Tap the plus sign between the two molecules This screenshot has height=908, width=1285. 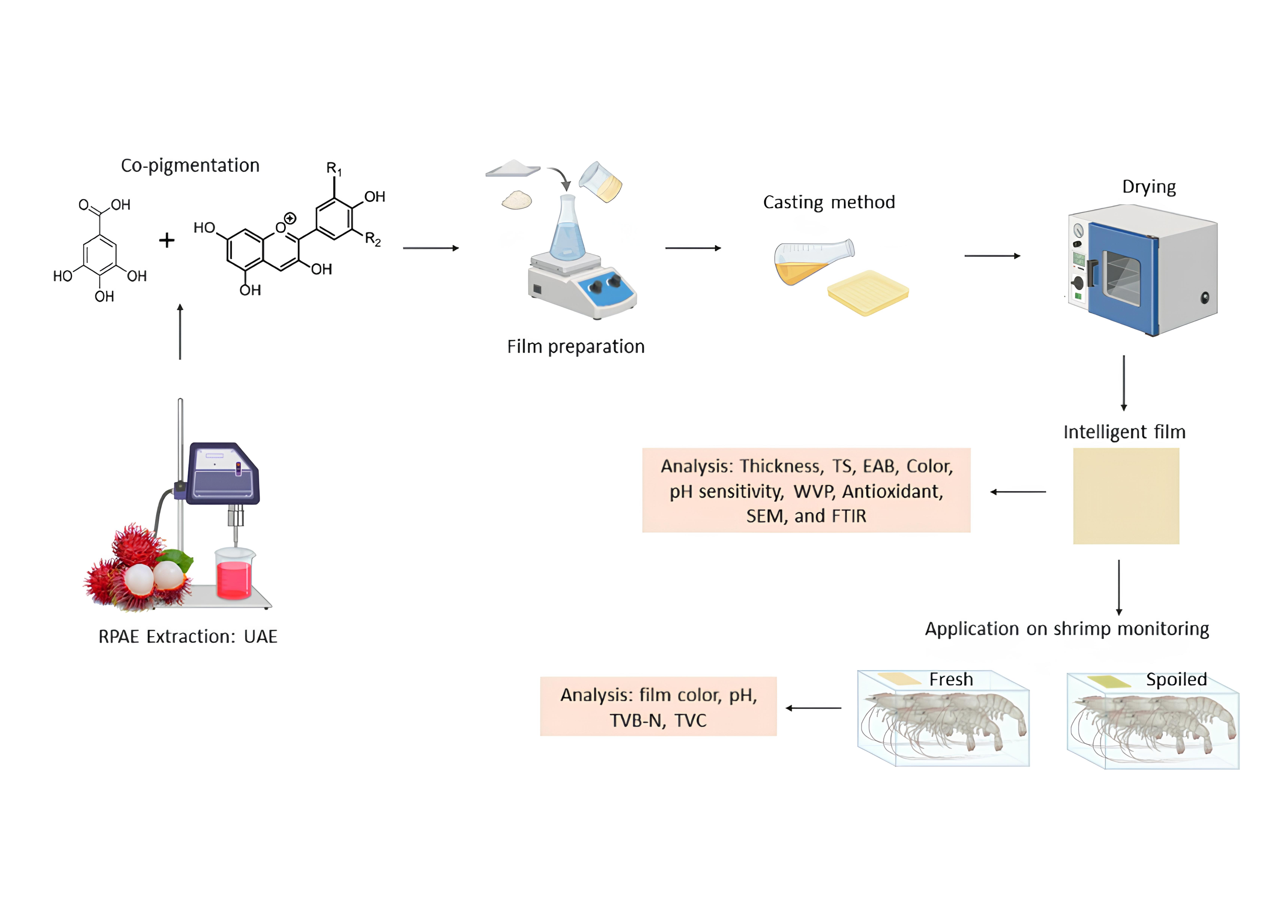click(x=167, y=241)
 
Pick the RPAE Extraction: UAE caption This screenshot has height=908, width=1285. click(x=188, y=637)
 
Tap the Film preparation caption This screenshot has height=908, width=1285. click(x=576, y=347)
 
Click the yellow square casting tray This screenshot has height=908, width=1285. click(x=867, y=292)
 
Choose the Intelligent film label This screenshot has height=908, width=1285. click(x=1124, y=432)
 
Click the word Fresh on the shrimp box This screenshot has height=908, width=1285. click(x=951, y=680)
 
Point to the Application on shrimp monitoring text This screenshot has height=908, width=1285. click(x=1067, y=629)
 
